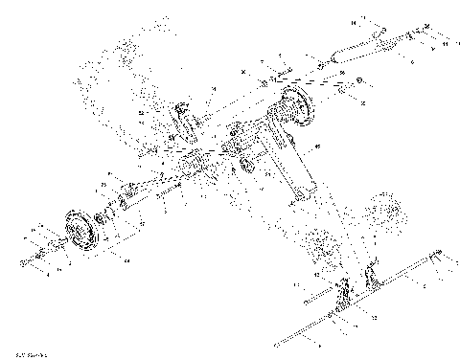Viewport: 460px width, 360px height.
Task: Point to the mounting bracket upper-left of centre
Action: pyautogui.click(x=182, y=123)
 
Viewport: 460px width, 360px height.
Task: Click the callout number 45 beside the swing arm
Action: pyautogui.click(x=317, y=145)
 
